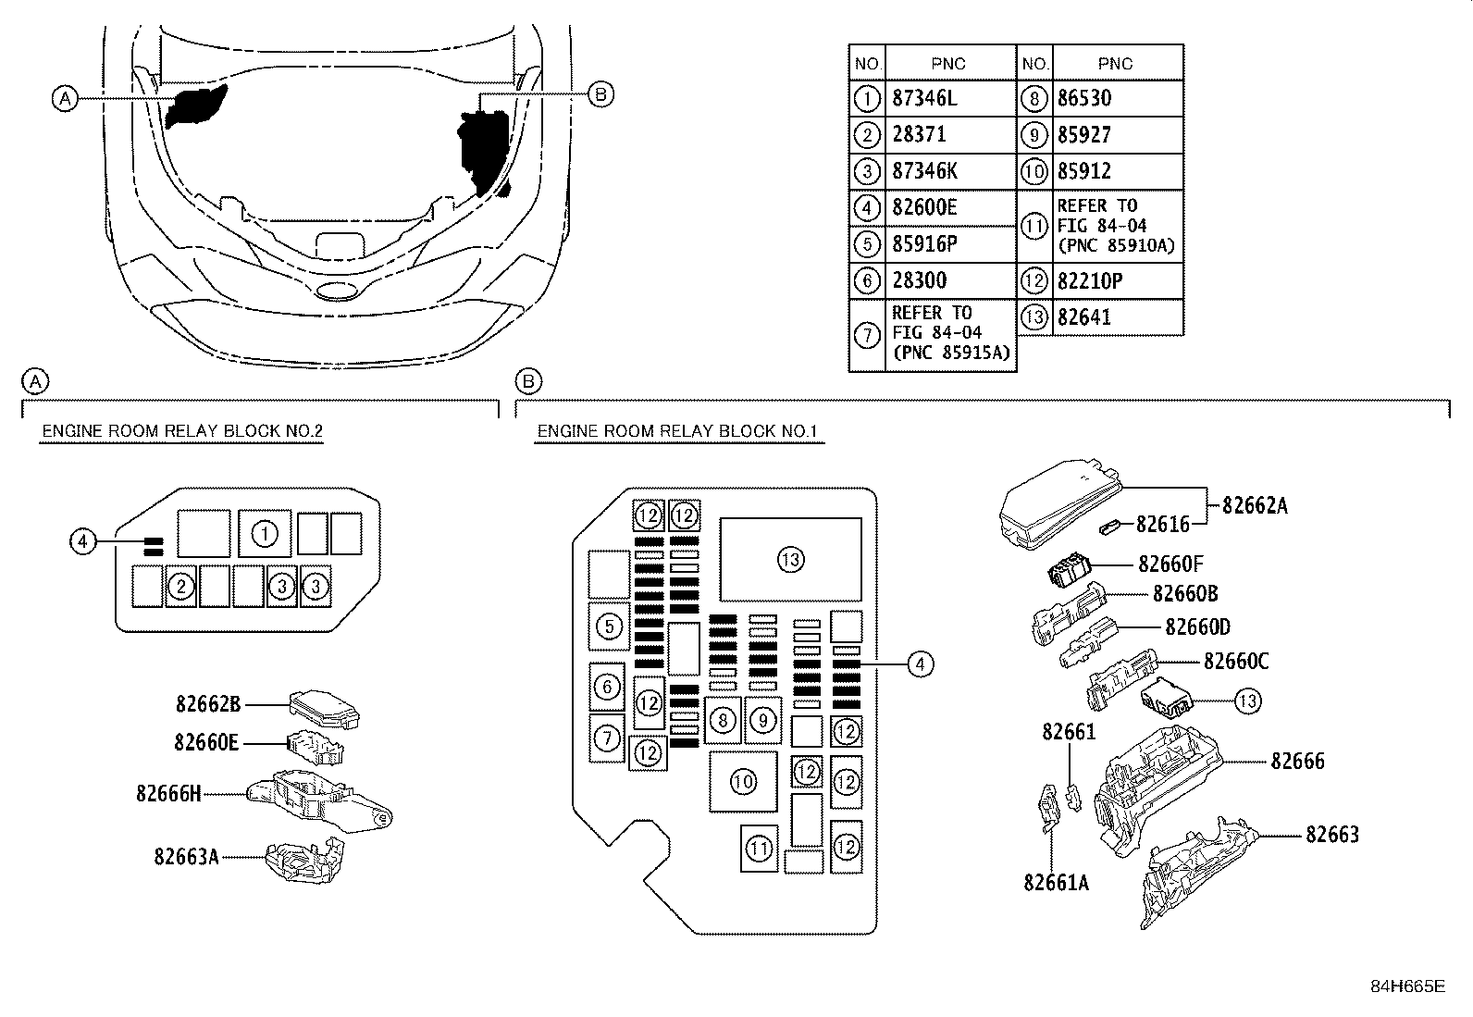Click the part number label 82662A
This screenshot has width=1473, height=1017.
click(x=1255, y=506)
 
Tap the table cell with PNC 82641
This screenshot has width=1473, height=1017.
click(x=1084, y=317)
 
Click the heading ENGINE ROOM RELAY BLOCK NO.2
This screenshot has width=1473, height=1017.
click(x=182, y=431)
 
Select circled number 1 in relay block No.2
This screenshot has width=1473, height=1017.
click(x=264, y=534)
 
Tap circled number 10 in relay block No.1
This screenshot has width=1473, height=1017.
click(x=743, y=782)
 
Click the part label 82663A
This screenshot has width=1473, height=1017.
click(x=186, y=857)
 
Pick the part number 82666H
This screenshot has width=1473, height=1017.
click(x=168, y=794)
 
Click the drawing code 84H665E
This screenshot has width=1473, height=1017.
click(x=1407, y=986)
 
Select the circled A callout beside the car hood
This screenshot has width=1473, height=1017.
click(x=64, y=97)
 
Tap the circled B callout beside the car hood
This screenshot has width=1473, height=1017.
click(x=600, y=93)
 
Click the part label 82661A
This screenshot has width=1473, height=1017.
click(x=1056, y=883)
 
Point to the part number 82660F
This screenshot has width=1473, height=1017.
click(x=1170, y=564)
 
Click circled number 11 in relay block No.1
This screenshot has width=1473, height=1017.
click(x=759, y=848)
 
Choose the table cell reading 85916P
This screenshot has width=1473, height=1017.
click(x=924, y=244)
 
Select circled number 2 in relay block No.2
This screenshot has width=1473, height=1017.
click(x=181, y=586)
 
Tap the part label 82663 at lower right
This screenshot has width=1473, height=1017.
click(x=1332, y=835)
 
